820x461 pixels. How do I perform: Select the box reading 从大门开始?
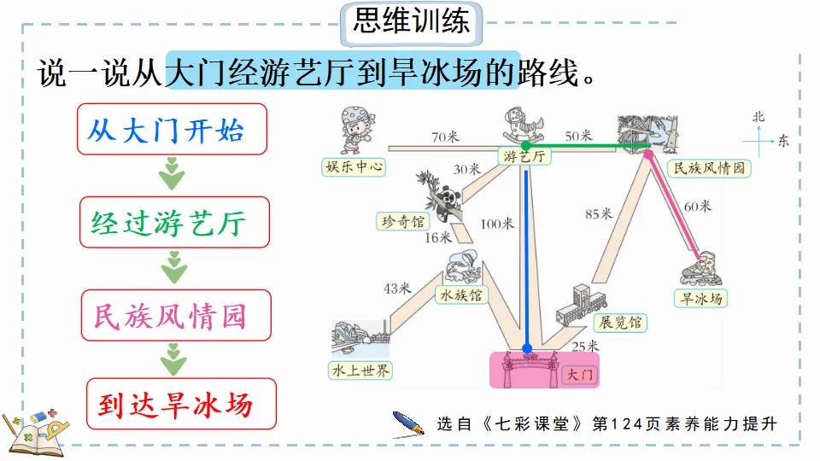point(173,130)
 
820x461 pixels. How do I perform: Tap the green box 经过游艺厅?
point(173,223)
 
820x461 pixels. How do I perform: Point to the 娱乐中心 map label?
point(354,166)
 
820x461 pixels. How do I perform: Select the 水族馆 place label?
point(461,295)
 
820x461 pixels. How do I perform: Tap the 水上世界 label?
point(361,370)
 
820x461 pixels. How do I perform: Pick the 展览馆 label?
point(619,323)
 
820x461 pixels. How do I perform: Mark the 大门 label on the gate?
point(579,374)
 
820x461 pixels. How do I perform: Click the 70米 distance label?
point(445,136)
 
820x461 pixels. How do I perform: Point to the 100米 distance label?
point(497,224)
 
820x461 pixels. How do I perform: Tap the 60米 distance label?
point(697,205)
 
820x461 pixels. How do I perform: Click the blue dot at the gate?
point(527,347)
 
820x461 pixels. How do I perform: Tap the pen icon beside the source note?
point(408,422)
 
